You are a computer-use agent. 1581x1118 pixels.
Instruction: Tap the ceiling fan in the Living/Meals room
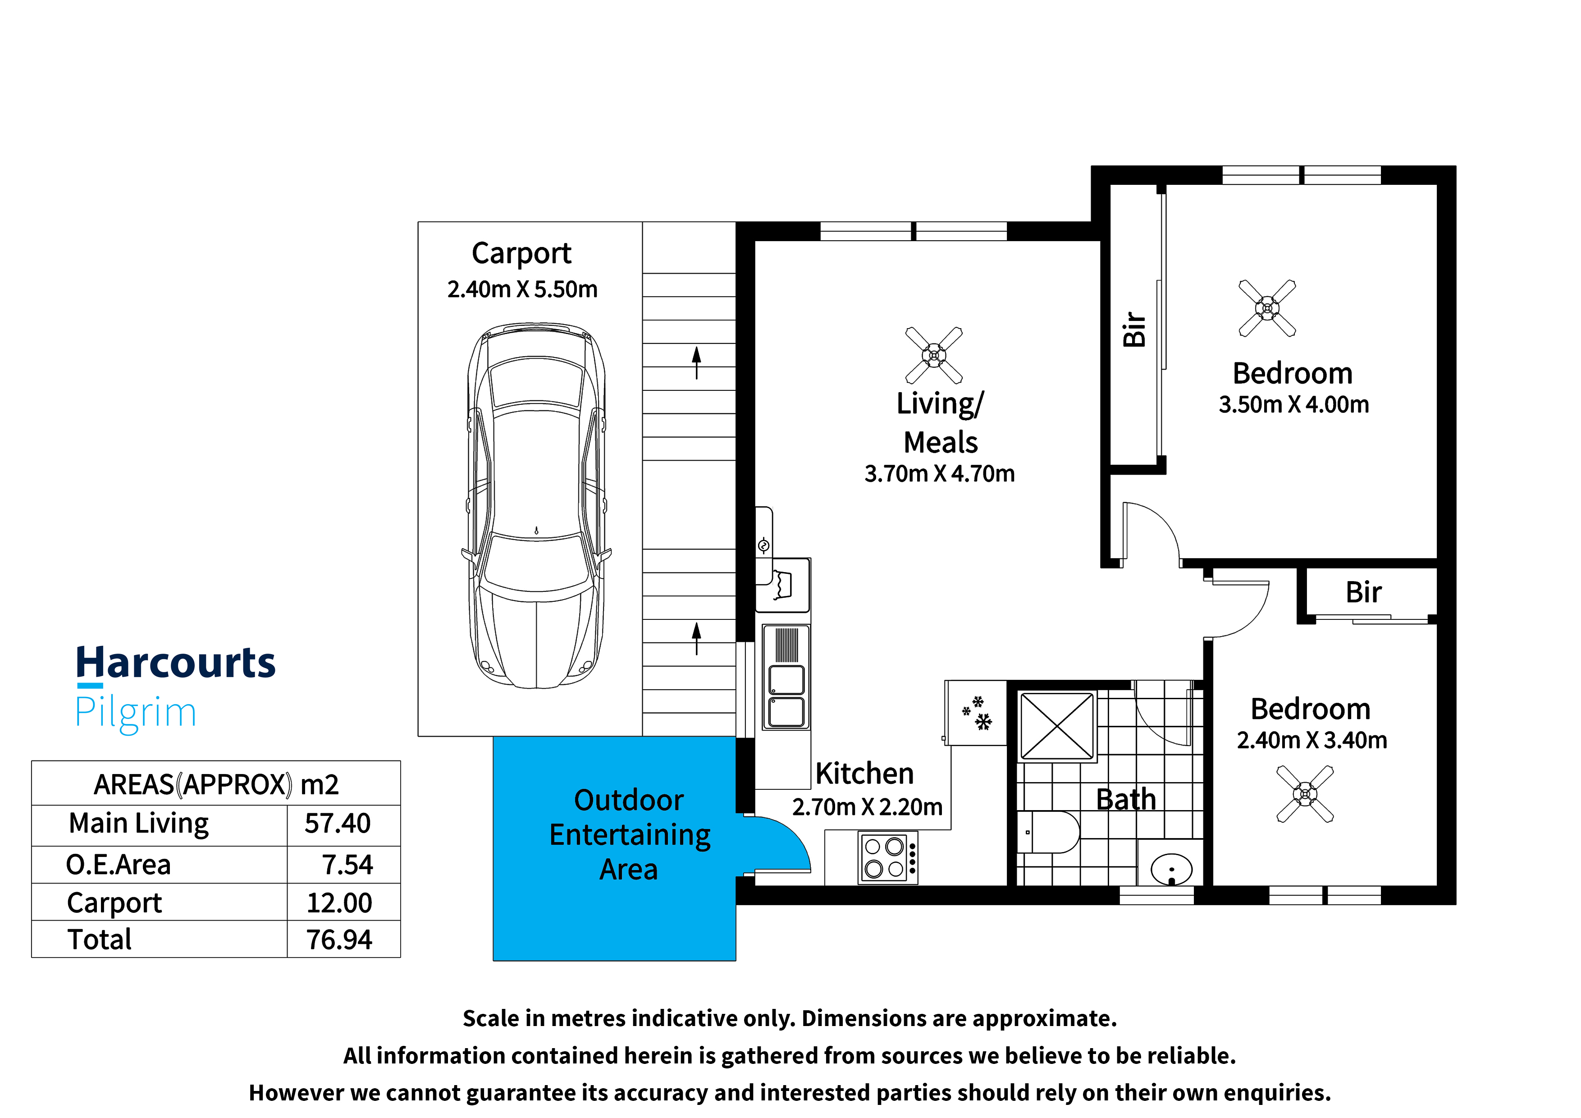point(934,355)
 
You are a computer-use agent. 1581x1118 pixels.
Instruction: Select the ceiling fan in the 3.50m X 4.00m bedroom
point(1267,308)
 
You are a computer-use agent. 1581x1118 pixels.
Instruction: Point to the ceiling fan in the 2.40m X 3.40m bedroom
point(1305,794)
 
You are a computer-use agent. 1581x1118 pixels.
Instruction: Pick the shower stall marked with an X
point(1057,726)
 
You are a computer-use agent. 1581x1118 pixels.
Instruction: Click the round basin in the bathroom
point(1171,869)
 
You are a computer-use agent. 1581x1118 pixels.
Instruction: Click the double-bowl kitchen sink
point(786,677)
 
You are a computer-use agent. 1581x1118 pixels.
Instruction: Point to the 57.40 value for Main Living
point(338,823)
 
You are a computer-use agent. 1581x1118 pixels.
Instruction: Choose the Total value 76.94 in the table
point(339,939)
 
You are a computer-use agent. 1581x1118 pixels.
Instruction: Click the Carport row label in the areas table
point(114,903)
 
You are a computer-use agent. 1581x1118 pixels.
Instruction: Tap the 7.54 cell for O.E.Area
point(348,865)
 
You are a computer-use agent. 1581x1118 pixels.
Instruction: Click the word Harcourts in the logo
point(176,663)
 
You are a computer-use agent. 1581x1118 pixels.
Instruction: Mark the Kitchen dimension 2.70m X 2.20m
point(867,806)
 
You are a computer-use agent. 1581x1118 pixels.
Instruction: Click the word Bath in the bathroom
point(1126,800)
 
